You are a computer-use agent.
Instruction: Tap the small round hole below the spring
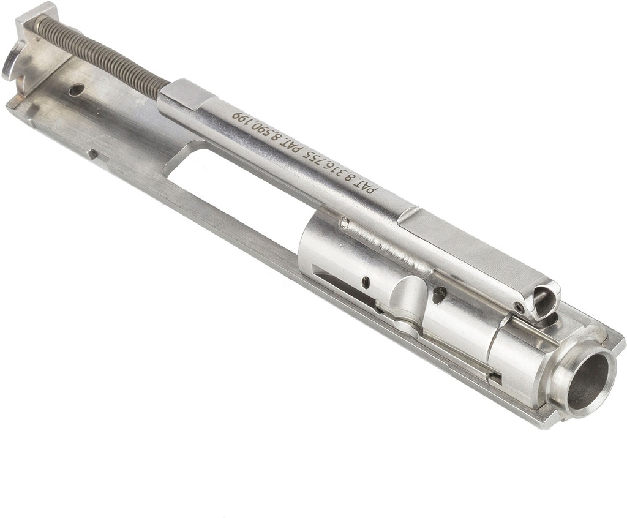click(76, 91)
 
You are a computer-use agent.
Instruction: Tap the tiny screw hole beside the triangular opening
click(520, 307)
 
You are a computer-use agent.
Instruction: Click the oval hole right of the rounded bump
click(439, 296)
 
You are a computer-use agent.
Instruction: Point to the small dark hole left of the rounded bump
click(366, 282)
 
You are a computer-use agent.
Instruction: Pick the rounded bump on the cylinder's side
click(408, 298)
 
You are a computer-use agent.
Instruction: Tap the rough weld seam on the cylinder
click(386, 245)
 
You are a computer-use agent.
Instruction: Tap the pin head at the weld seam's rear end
click(344, 223)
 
